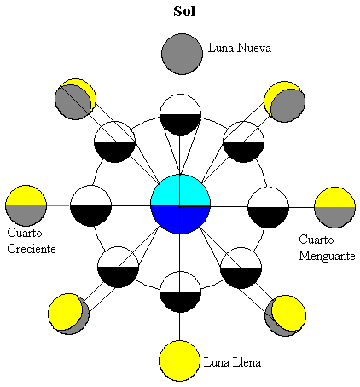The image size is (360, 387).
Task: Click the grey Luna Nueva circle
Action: coord(181,52)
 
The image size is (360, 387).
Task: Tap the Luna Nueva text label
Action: coord(240,48)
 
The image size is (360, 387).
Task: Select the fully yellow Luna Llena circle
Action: coord(180,359)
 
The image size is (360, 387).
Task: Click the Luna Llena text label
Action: coord(232,362)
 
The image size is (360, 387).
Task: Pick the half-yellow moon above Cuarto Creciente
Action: coord(25,205)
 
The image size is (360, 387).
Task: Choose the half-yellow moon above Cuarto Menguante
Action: coord(334,206)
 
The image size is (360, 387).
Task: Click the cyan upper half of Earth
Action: coord(180,191)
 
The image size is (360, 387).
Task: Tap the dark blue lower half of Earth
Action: coord(180,219)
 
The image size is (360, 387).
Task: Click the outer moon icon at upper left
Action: coord(73,99)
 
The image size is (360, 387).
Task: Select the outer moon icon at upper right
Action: coord(285,101)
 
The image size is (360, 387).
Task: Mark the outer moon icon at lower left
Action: coord(68,314)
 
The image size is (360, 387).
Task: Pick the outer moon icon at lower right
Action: coord(285,314)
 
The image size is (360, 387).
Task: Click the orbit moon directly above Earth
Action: coord(180,113)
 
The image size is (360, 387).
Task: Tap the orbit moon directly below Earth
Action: coord(180,292)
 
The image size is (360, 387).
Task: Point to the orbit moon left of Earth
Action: coord(90,205)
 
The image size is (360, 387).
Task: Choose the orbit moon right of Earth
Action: coord(269,205)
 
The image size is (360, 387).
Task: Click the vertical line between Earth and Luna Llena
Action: coord(180,327)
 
